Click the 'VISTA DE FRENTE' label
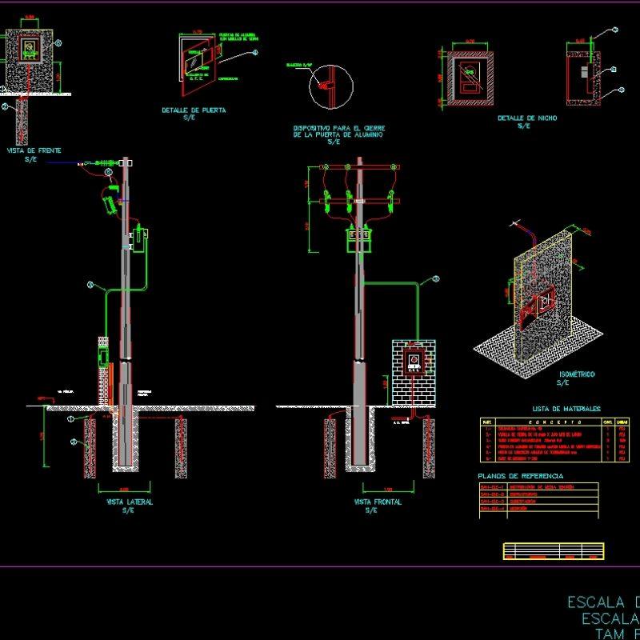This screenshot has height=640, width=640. [34, 150]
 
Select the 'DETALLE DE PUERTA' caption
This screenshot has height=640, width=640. [194, 110]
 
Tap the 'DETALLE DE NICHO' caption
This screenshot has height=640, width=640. [527, 118]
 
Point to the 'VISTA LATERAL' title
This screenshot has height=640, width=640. [129, 502]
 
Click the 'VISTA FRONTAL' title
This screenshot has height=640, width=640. [378, 502]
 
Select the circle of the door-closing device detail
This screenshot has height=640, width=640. [331, 86]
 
